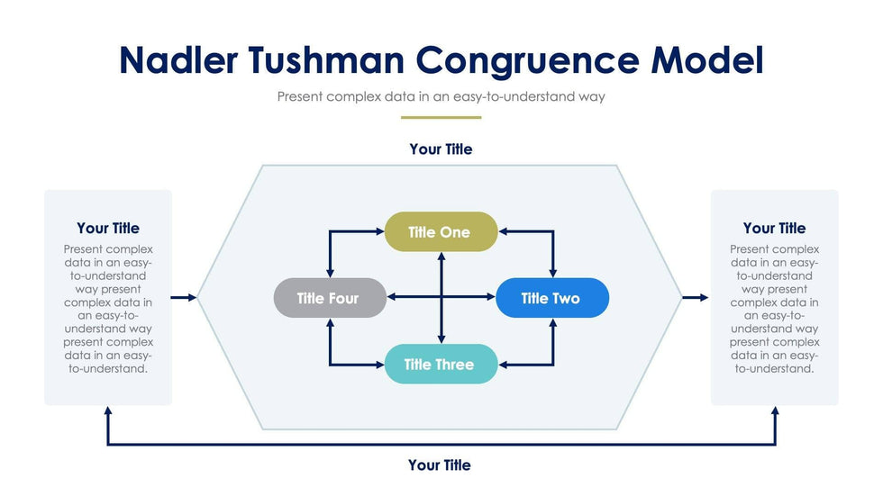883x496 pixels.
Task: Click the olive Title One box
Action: click(x=440, y=232)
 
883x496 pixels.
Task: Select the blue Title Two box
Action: click(x=551, y=298)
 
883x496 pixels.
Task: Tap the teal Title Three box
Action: click(x=440, y=365)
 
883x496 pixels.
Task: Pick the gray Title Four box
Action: click(x=329, y=298)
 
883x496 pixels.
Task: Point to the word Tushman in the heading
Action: click(x=333, y=59)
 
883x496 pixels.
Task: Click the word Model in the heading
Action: click(x=707, y=59)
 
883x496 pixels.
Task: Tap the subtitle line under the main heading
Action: click(x=441, y=96)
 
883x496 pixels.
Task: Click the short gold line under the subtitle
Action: click(x=441, y=117)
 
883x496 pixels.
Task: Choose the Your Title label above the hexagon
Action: click(x=441, y=149)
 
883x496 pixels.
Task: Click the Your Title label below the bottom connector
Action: click(x=440, y=465)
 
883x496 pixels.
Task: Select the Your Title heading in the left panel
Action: click(x=108, y=228)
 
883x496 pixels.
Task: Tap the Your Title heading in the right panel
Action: click(x=774, y=228)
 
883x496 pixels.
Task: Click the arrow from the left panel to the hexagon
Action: click(x=184, y=297)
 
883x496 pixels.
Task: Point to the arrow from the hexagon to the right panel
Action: click(x=696, y=297)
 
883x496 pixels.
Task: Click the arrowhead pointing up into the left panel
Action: click(x=108, y=411)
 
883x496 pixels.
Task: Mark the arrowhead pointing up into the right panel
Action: click(x=775, y=411)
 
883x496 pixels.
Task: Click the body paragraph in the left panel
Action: click(x=108, y=309)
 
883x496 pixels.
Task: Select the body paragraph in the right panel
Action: click(x=774, y=309)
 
